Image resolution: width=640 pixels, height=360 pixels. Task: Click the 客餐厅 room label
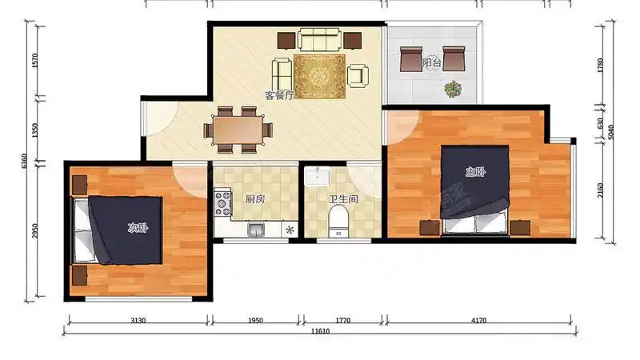[x=279, y=95]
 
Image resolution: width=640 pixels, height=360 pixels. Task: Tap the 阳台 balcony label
[x=431, y=62]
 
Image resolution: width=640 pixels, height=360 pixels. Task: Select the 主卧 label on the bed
[x=475, y=171]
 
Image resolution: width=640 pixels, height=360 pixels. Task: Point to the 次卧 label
[x=138, y=228]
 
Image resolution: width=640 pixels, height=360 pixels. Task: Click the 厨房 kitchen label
[x=255, y=198]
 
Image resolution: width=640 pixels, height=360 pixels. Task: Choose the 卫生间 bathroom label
[x=343, y=198]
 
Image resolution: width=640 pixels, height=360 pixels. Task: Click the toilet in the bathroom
[x=338, y=221]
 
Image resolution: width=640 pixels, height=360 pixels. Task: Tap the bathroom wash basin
[x=317, y=176]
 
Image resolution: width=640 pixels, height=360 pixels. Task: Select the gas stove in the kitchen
[x=223, y=202]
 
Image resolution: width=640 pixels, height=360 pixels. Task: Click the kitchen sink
[x=256, y=230]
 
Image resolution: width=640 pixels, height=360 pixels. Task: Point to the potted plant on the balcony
[x=453, y=89]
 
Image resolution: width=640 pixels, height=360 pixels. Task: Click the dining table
[x=238, y=130]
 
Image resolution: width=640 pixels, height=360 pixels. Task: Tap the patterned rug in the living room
[x=319, y=77]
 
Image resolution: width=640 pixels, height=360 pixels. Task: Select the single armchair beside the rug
[x=358, y=76]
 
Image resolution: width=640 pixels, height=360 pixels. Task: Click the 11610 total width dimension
[x=320, y=331]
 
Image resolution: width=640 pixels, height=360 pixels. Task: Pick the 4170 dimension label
[x=478, y=321]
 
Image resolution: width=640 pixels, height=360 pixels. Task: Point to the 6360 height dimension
[x=24, y=162]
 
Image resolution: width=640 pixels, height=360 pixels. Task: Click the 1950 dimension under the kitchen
[x=255, y=321]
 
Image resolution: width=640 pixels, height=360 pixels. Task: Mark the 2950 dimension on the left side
[x=34, y=231]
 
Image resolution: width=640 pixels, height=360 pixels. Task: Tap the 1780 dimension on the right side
[x=600, y=66]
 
